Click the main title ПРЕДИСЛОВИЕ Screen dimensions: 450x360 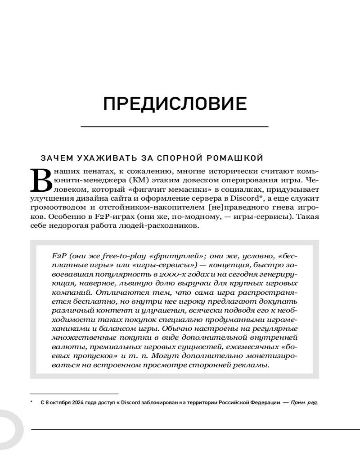pyautogui.click(x=175, y=104)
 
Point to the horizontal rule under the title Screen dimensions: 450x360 pyautogui.click(x=175, y=127)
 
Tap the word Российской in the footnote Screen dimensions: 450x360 pyautogui.click(x=234, y=403)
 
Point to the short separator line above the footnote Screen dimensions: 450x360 pyautogui.click(x=74, y=393)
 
